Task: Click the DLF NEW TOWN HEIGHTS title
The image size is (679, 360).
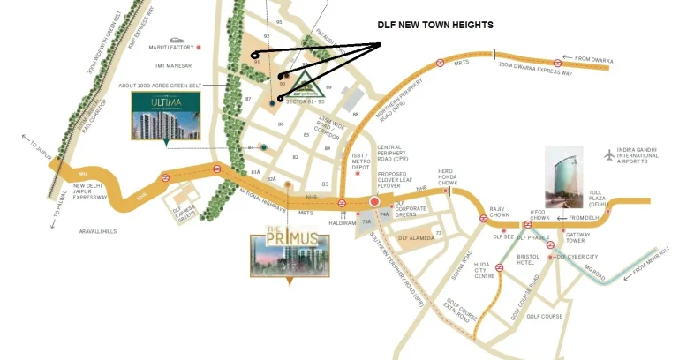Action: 434,26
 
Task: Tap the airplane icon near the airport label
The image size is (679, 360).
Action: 608,154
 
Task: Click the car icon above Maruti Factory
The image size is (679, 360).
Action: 177,41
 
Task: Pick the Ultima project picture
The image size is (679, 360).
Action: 165,115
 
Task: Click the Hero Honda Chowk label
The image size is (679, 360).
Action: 451,176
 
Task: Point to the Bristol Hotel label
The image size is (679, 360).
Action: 530,261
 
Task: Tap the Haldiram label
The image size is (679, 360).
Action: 341,223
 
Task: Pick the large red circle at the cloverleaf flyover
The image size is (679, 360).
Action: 374,201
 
